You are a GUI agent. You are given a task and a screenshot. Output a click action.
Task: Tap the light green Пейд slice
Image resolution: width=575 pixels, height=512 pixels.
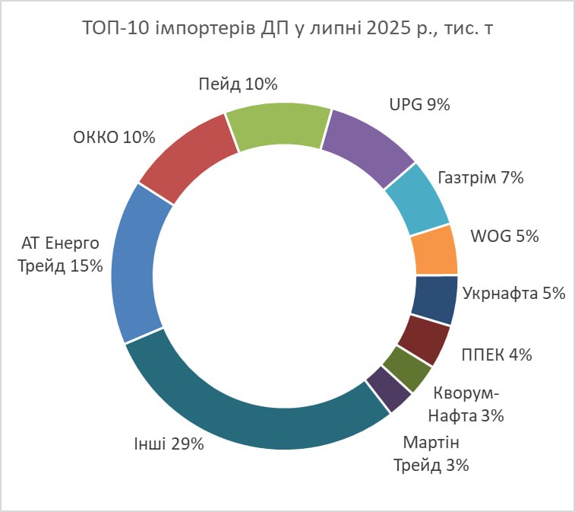coord(279,126)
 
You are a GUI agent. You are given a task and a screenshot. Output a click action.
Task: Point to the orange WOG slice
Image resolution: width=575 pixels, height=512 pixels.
coord(434,250)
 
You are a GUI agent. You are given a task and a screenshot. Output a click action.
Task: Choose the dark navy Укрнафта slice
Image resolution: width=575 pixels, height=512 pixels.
coord(434,301)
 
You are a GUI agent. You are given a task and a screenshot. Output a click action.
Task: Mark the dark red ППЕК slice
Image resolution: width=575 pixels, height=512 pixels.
coord(423,339)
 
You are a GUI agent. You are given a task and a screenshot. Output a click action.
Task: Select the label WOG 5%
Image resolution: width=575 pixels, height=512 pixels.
coord(504,237)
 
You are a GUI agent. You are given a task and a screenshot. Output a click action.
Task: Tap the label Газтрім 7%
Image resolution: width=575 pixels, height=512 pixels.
coord(481,178)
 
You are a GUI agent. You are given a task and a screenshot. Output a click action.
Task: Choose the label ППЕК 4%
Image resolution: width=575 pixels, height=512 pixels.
coord(496,354)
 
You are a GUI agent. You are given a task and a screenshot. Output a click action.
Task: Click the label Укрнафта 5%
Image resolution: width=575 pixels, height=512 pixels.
coord(513,294)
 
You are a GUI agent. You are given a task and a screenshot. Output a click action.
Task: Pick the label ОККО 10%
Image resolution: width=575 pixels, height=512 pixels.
coord(114,138)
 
